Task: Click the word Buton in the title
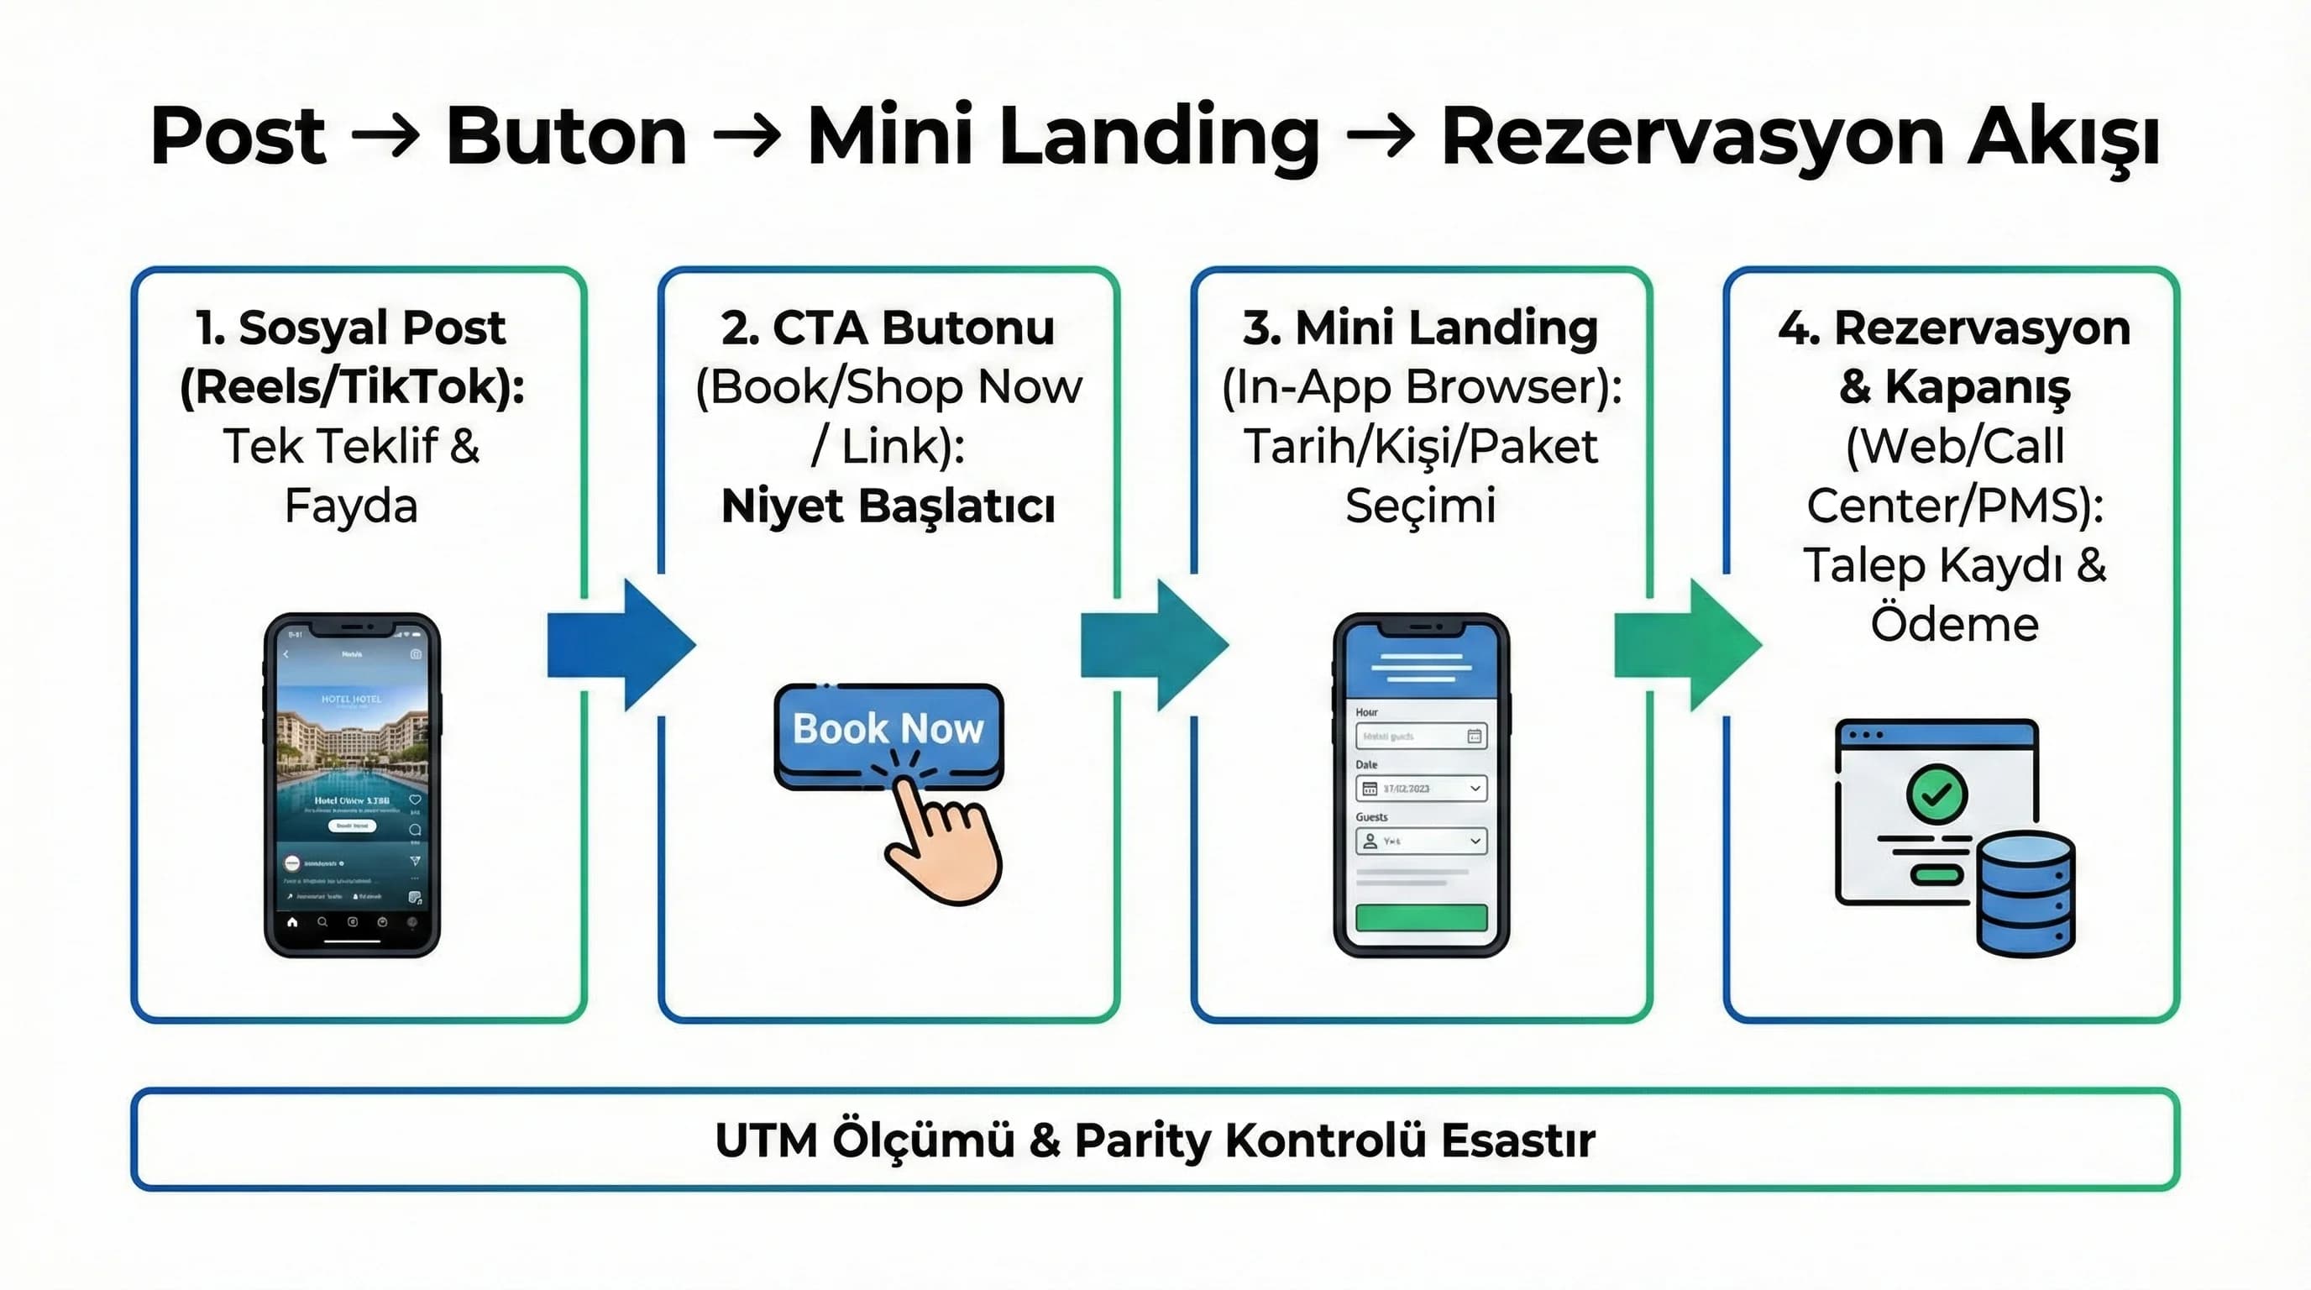tap(566, 137)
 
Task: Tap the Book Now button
tap(888, 728)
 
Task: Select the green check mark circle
tap(1937, 793)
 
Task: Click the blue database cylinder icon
tap(2026, 894)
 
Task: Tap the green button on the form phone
tap(1421, 918)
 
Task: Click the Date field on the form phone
tap(1421, 789)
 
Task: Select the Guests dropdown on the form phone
tap(1421, 841)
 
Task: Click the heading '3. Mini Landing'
tap(1420, 328)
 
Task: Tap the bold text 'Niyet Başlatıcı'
tap(888, 505)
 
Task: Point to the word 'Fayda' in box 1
tap(352, 505)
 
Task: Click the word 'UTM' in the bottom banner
tap(766, 1141)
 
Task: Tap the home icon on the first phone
tap(291, 921)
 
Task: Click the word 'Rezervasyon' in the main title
tap(1692, 137)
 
